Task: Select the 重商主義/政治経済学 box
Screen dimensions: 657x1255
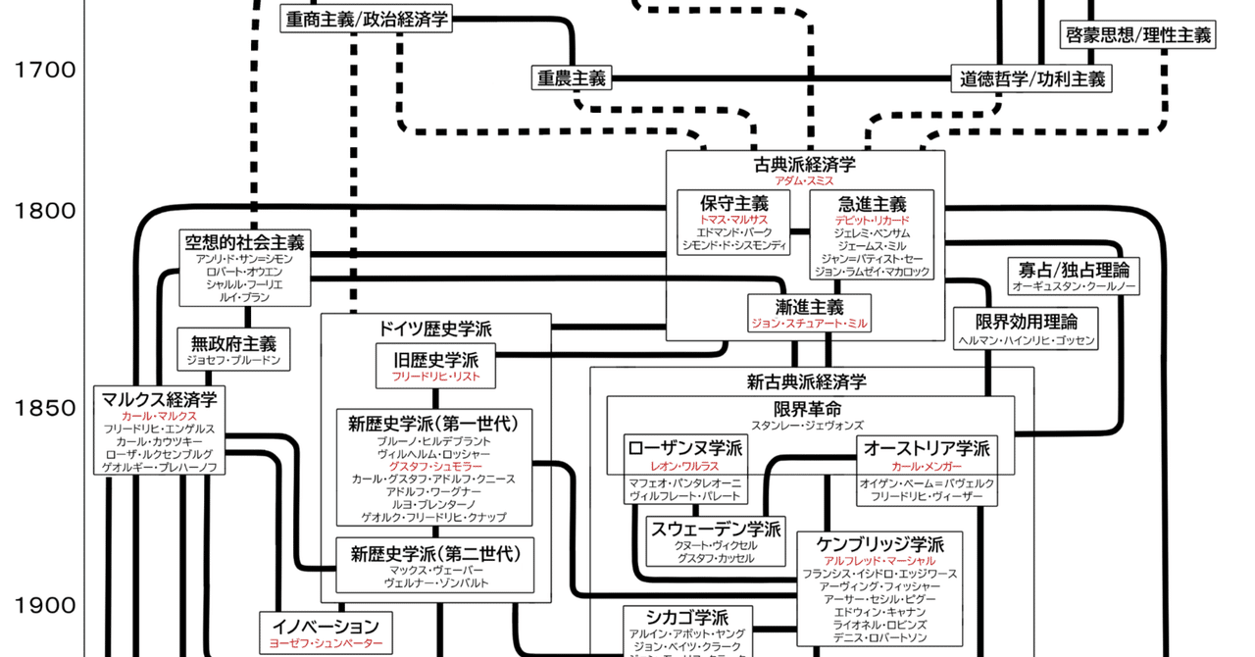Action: point(367,19)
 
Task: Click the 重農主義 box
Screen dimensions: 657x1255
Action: point(571,77)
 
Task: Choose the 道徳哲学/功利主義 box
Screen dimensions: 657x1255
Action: point(1032,79)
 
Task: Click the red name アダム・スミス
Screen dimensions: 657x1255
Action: point(804,182)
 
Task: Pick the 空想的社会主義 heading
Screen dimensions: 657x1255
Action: point(245,242)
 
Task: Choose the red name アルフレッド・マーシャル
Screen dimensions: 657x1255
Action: point(879,560)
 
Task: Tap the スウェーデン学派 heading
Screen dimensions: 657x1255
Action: point(716,530)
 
